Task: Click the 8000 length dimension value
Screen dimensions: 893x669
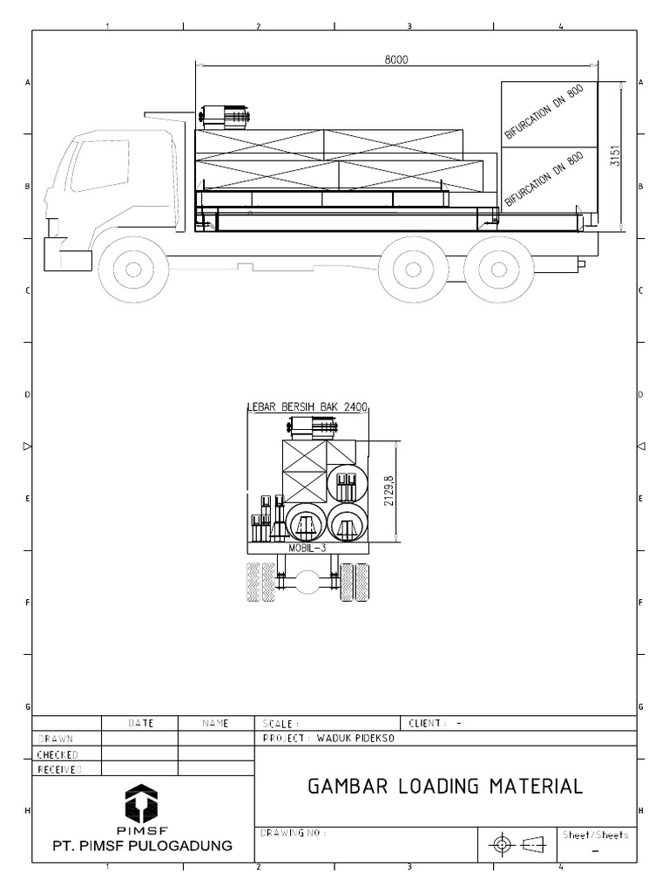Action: click(x=396, y=60)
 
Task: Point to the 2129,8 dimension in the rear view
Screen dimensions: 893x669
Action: click(x=388, y=491)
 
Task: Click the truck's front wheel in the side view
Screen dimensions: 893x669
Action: click(x=133, y=269)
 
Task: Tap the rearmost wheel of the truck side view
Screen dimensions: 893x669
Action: click(x=499, y=269)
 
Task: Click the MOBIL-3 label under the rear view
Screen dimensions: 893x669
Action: click(x=307, y=548)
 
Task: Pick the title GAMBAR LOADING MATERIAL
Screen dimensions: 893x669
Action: click(x=445, y=786)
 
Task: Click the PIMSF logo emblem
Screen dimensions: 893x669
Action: click(x=142, y=801)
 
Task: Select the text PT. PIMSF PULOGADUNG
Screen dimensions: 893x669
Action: click(x=143, y=846)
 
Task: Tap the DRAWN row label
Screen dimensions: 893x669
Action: click(x=55, y=739)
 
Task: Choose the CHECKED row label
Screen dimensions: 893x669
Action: click(x=57, y=754)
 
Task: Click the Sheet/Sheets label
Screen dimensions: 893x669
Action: click(x=595, y=835)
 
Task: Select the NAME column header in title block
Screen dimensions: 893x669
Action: click(x=215, y=723)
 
